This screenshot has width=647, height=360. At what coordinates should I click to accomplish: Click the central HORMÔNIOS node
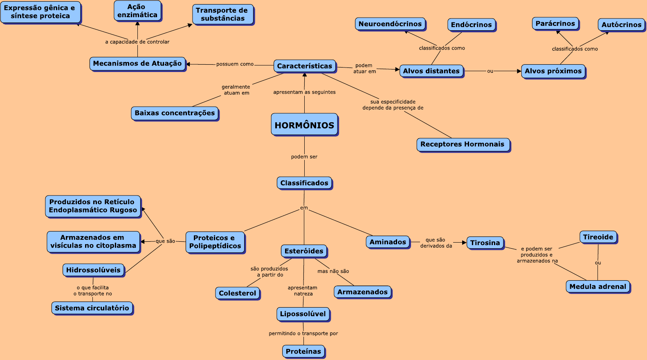304,125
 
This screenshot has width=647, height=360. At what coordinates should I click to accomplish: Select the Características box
305,66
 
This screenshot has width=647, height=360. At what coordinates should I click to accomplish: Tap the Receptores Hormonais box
463,144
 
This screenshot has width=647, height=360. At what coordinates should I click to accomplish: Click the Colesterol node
237,293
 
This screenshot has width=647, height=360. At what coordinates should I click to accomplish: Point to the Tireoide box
598,237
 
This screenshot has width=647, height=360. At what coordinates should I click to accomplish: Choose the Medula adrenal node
598,286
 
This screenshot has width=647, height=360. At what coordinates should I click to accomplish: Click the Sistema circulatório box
92,308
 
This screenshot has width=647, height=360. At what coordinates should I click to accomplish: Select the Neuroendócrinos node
390,24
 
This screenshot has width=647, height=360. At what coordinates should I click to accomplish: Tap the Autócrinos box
621,25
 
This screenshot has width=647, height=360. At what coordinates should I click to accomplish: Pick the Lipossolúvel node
303,314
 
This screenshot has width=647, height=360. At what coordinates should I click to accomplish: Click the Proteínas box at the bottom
303,351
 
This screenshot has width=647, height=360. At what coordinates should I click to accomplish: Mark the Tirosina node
485,243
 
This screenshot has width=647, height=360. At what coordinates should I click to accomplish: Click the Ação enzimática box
137,11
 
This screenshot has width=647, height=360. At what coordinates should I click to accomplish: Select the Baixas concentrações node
175,113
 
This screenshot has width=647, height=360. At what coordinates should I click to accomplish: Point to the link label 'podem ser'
304,157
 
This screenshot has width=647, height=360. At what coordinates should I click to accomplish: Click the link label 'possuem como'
235,64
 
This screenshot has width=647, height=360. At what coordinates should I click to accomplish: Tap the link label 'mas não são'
333,271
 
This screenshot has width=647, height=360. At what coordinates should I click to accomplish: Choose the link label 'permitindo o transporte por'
303,333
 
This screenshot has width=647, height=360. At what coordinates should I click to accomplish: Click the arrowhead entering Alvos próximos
519,71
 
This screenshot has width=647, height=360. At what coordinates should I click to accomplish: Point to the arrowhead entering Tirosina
464,243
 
